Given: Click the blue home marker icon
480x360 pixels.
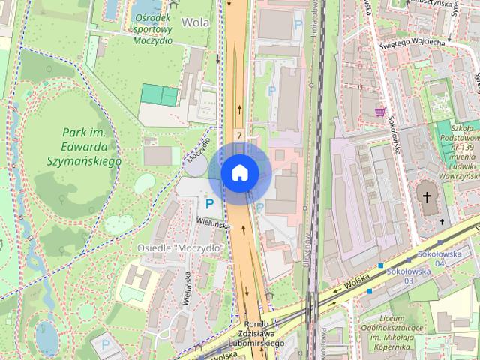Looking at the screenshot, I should click(240, 172).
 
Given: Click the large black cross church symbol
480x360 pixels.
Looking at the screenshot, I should click(428, 198).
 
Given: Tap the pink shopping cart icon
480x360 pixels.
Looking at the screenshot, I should click(380, 111).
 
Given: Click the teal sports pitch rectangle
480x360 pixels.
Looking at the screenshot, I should click(160, 95).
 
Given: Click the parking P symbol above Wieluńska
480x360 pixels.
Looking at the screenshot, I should click(210, 202).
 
